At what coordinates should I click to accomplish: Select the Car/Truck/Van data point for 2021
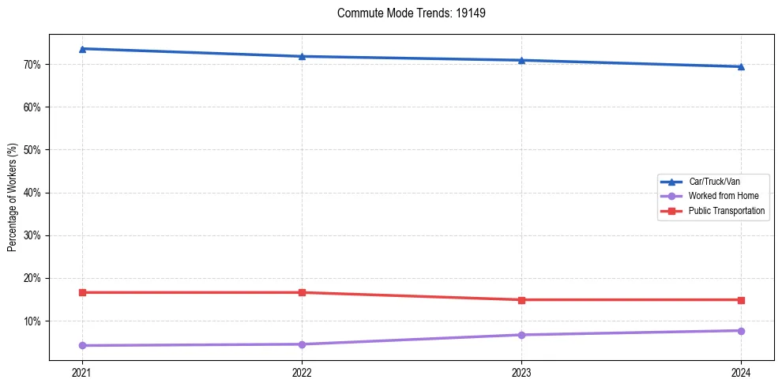click(x=82, y=49)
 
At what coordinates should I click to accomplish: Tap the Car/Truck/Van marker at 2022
click(x=302, y=56)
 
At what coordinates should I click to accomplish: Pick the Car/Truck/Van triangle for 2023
click(x=521, y=60)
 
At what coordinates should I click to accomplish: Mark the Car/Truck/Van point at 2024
click(x=741, y=66)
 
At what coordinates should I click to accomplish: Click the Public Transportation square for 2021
click(x=82, y=292)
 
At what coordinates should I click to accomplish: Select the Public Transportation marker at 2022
click(x=302, y=292)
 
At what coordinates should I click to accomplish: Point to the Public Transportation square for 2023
click(x=521, y=300)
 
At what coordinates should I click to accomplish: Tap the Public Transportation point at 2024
click(x=741, y=300)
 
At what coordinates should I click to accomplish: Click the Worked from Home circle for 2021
click(x=82, y=345)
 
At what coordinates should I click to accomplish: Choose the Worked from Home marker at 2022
click(x=302, y=344)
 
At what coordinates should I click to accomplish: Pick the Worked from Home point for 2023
click(x=521, y=335)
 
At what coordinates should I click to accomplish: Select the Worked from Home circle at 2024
click(x=741, y=331)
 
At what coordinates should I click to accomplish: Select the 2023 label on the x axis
click(x=521, y=372)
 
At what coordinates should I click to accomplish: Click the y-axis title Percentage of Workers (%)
click(x=12, y=197)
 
